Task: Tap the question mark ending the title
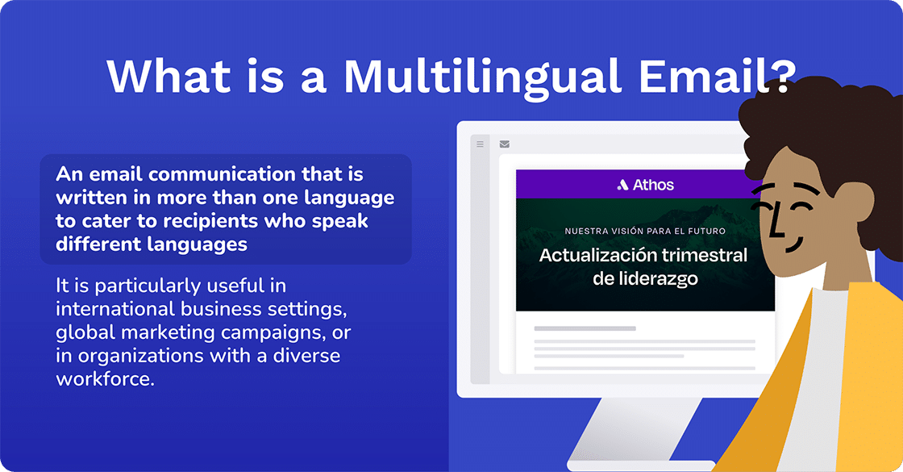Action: pyautogui.click(x=777, y=76)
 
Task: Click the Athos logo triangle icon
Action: pyautogui.click(x=622, y=185)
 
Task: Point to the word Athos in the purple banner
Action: pyautogui.click(x=653, y=185)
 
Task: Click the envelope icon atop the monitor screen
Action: pyautogui.click(x=505, y=144)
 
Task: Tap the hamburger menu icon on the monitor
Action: pyautogui.click(x=480, y=144)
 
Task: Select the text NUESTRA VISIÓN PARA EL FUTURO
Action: pyautogui.click(x=645, y=231)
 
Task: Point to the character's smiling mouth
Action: pyautogui.click(x=790, y=243)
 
